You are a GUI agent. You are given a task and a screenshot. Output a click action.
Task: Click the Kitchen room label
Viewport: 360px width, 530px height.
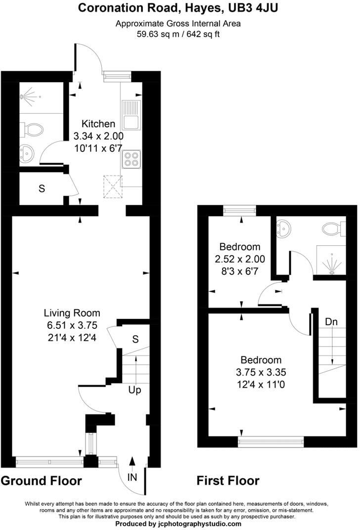click(98, 124)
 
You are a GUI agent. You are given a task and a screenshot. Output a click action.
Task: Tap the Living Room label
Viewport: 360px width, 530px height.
click(72, 313)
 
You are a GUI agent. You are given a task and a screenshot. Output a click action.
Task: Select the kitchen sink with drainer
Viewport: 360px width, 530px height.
click(132, 114)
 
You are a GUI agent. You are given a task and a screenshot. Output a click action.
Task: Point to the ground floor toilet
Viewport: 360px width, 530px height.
click(33, 130)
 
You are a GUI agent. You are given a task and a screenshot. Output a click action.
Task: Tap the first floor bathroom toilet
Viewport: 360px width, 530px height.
click(333, 228)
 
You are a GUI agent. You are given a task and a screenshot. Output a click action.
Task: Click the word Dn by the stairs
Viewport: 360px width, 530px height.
click(331, 322)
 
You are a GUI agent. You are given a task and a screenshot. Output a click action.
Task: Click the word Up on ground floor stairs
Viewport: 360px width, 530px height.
click(135, 390)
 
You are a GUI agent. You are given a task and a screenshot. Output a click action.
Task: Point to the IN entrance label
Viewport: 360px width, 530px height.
click(132, 477)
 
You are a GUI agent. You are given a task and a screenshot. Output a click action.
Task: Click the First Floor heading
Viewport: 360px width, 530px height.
click(228, 481)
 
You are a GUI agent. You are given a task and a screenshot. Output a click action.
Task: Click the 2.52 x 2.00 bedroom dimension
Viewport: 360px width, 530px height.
click(240, 259)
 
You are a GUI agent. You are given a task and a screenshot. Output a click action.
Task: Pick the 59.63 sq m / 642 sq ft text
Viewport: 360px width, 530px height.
click(179, 35)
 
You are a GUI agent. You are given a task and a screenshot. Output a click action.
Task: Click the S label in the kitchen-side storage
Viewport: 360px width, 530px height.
click(42, 188)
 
